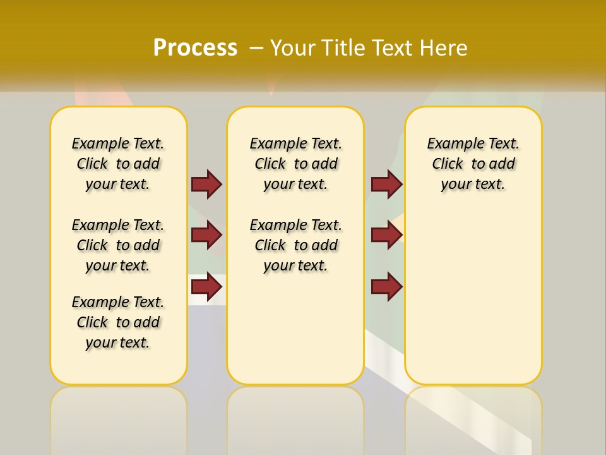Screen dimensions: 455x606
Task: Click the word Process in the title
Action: pyautogui.click(x=195, y=48)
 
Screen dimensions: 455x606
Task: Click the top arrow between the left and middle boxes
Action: pyautogui.click(x=206, y=184)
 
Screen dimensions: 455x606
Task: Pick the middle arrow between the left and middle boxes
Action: pyautogui.click(x=206, y=235)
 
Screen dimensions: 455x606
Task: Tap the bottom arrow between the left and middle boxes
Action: pyautogui.click(x=206, y=287)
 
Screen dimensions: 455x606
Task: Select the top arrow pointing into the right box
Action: pyautogui.click(x=386, y=184)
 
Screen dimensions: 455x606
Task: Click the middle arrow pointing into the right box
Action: pyautogui.click(x=386, y=235)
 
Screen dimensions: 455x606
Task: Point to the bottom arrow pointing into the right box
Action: pyautogui.click(x=386, y=287)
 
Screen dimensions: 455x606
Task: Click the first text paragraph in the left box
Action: pyautogui.click(x=118, y=164)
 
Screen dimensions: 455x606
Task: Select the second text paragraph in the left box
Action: pyautogui.click(x=118, y=245)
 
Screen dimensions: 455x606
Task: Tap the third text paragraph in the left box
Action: pyautogui.click(x=118, y=322)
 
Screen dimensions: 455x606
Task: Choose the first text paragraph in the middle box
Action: pyautogui.click(x=295, y=164)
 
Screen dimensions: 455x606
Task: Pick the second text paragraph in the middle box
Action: pyautogui.click(x=295, y=245)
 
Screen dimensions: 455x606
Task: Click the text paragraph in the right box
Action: pyautogui.click(x=473, y=164)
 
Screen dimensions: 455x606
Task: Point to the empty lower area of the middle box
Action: pyautogui.click(x=295, y=329)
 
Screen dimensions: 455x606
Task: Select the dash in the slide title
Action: pyautogui.click(x=256, y=48)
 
